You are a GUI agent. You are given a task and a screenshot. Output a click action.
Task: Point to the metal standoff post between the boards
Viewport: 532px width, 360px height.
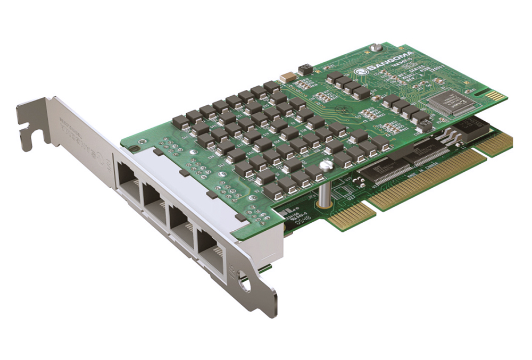[x=322, y=194]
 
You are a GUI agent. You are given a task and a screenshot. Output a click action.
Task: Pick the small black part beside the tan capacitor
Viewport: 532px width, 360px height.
[x=305, y=69]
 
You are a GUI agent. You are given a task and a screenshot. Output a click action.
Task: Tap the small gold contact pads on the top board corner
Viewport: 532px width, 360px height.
[x=494, y=96]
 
